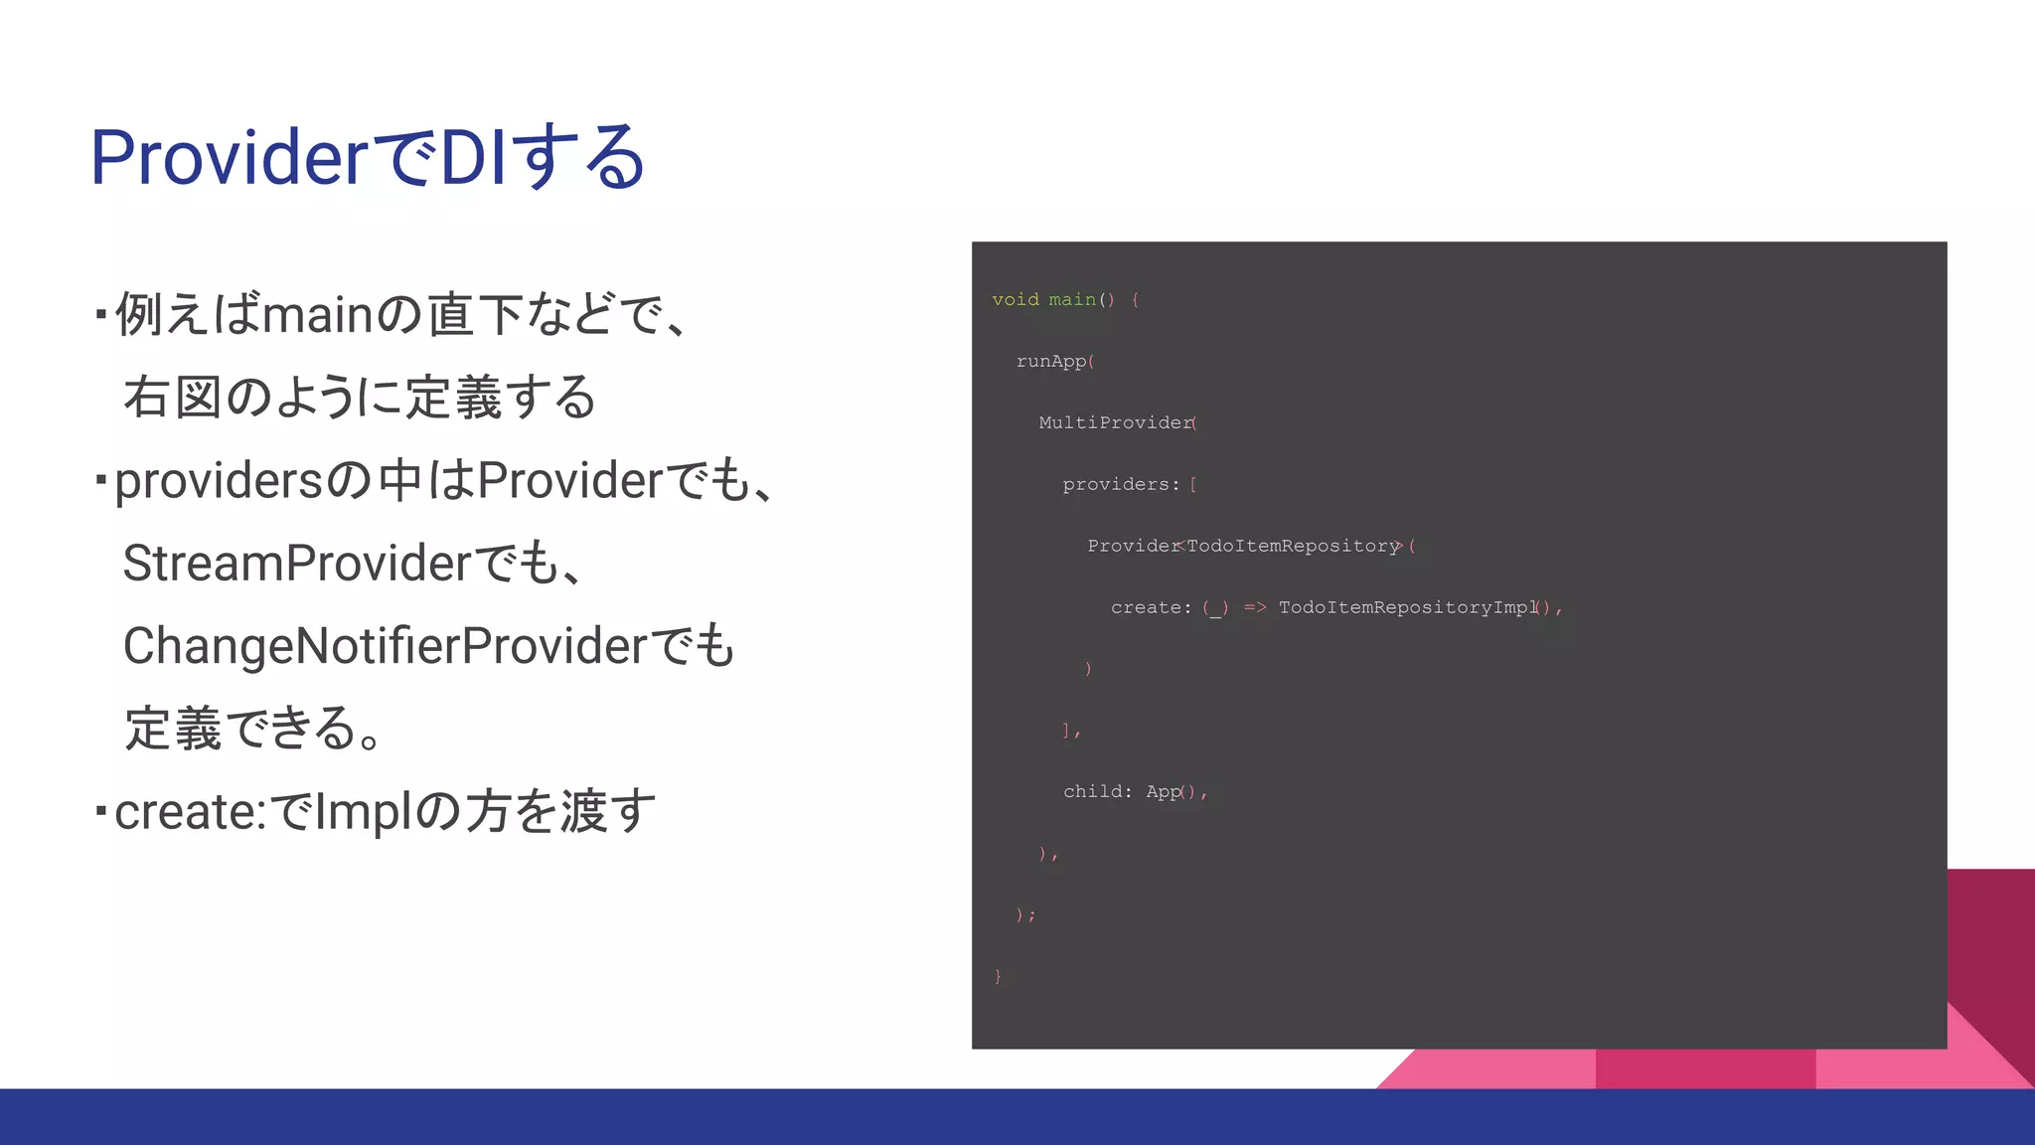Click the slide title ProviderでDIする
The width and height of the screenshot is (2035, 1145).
pyautogui.click(x=368, y=157)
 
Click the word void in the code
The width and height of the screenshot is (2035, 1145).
pyautogui.click(x=1015, y=300)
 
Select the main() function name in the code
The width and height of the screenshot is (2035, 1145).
pyautogui.click(x=1072, y=300)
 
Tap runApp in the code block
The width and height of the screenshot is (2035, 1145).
pyautogui.click(x=1050, y=362)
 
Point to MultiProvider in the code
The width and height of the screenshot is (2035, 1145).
pyautogui.click(x=1115, y=423)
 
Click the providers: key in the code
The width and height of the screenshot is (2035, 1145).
pyautogui.click(x=1121, y=485)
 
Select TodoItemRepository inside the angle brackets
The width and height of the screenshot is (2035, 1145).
pyautogui.click(x=1292, y=547)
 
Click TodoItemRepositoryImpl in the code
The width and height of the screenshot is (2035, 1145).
pyautogui.click(x=1407, y=607)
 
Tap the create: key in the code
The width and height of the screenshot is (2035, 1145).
pyautogui.click(x=1151, y=607)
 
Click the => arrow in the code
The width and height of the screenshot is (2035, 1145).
pyautogui.click(x=1255, y=607)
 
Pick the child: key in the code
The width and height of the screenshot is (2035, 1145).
pyautogui.click(x=1097, y=792)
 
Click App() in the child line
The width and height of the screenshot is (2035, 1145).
pyautogui.click(x=1171, y=792)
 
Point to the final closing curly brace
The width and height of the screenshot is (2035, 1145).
pyautogui.click(x=998, y=977)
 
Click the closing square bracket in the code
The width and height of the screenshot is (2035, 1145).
pyautogui.click(x=1066, y=731)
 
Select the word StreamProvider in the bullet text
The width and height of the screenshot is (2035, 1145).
pyautogui.click(x=296, y=564)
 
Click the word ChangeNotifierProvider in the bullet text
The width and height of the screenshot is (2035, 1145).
pyautogui.click(x=386, y=646)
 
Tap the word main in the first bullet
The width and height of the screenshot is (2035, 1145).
pyautogui.click(x=317, y=315)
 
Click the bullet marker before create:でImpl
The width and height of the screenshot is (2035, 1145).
pyautogui.click(x=101, y=810)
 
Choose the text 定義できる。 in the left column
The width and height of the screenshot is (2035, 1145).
pyautogui.click(x=253, y=729)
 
